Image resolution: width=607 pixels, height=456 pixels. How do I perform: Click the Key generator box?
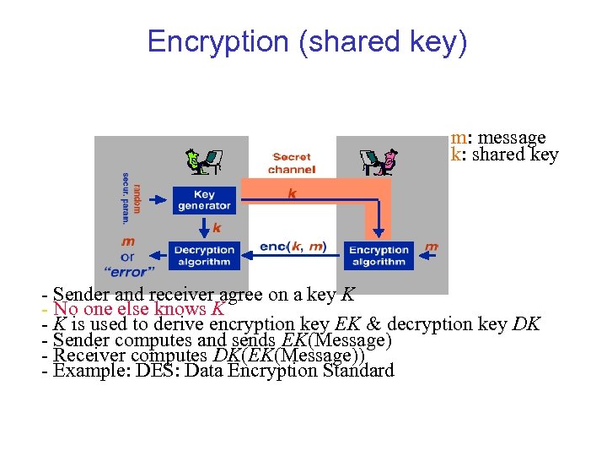click(204, 200)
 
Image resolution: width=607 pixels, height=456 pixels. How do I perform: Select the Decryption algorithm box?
click(204, 255)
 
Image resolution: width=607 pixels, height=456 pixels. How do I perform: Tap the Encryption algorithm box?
click(378, 255)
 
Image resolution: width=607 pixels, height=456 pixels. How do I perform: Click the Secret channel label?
click(292, 163)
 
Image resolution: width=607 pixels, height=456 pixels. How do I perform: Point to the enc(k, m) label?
click(293, 247)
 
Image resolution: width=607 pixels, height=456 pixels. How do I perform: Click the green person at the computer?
click(203, 160)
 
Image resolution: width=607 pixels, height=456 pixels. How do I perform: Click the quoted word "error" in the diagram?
click(127, 272)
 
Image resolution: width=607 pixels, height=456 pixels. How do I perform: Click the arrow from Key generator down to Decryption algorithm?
click(204, 227)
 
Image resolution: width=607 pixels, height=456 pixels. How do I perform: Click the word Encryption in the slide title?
click(218, 41)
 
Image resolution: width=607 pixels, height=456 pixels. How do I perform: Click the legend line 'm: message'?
click(498, 137)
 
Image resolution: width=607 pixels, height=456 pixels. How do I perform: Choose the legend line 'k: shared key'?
click(504, 154)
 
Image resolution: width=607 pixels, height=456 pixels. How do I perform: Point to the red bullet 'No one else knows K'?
click(138, 308)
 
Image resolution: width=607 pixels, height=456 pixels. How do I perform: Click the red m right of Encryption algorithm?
click(432, 247)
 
